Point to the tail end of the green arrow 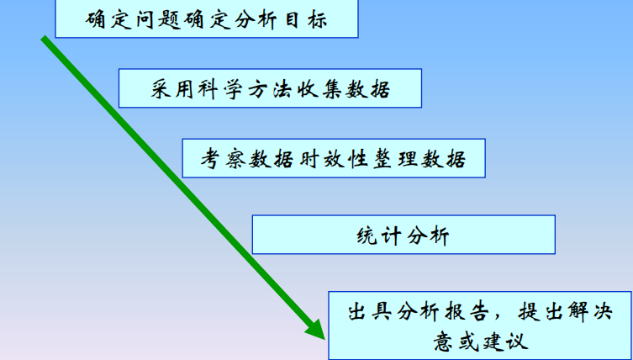pos(44,38)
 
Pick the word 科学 pos(219,89)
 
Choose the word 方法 pos(269,89)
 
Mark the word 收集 pos(318,89)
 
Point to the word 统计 pos(378,235)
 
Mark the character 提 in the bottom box pos(529,311)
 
